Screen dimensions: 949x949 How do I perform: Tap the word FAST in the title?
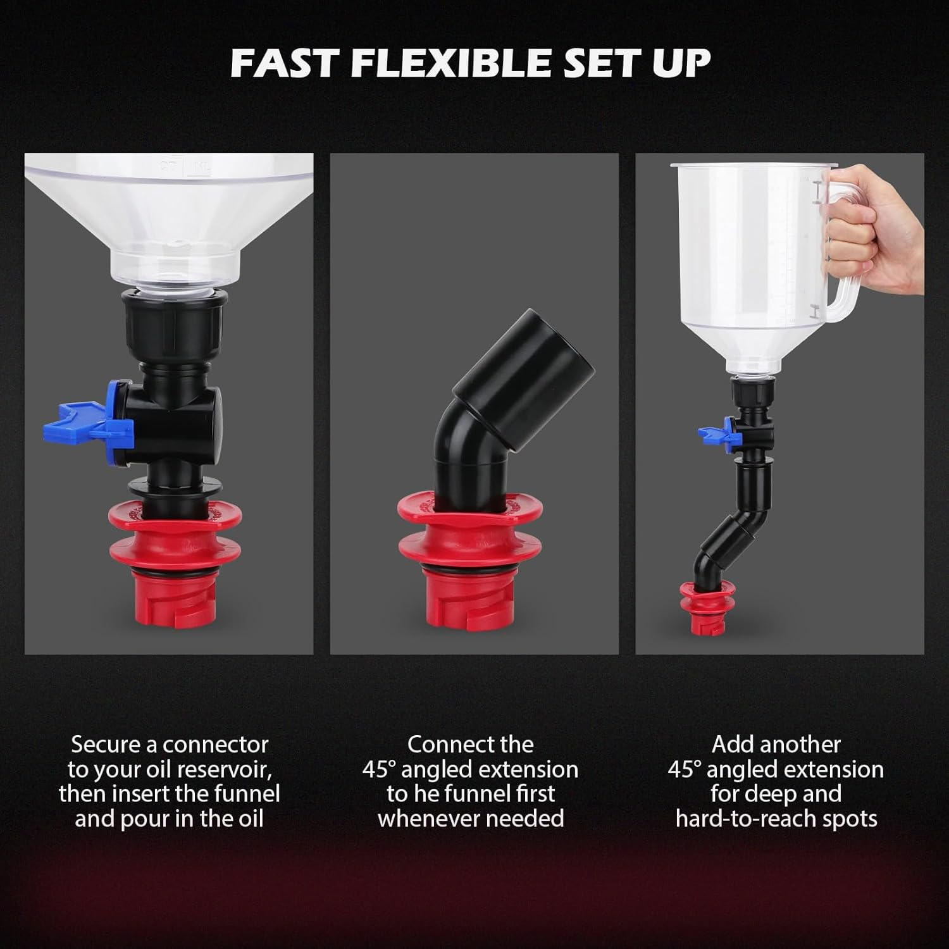[284, 63]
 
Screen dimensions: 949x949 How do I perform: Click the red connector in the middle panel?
[471, 550]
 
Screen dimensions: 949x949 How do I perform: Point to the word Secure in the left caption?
[106, 744]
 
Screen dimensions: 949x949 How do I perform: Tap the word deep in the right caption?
[816, 793]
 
